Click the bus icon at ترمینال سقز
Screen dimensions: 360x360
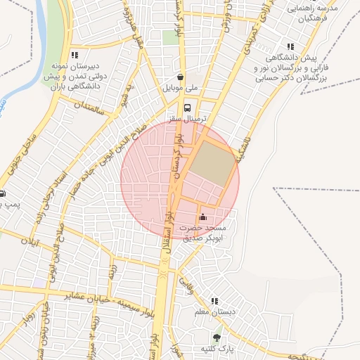click(x=187, y=108)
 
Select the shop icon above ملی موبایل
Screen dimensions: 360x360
click(x=181, y=77)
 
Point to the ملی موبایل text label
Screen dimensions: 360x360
click(x=181, y=89)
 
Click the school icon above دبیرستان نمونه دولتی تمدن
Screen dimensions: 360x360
click(x=75, y=55)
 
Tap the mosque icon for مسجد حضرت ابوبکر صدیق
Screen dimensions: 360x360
click(x=203, y=217)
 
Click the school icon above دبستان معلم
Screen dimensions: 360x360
click(x=214, y=301)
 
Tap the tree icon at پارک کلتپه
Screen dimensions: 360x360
click(x=217, y=337)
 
